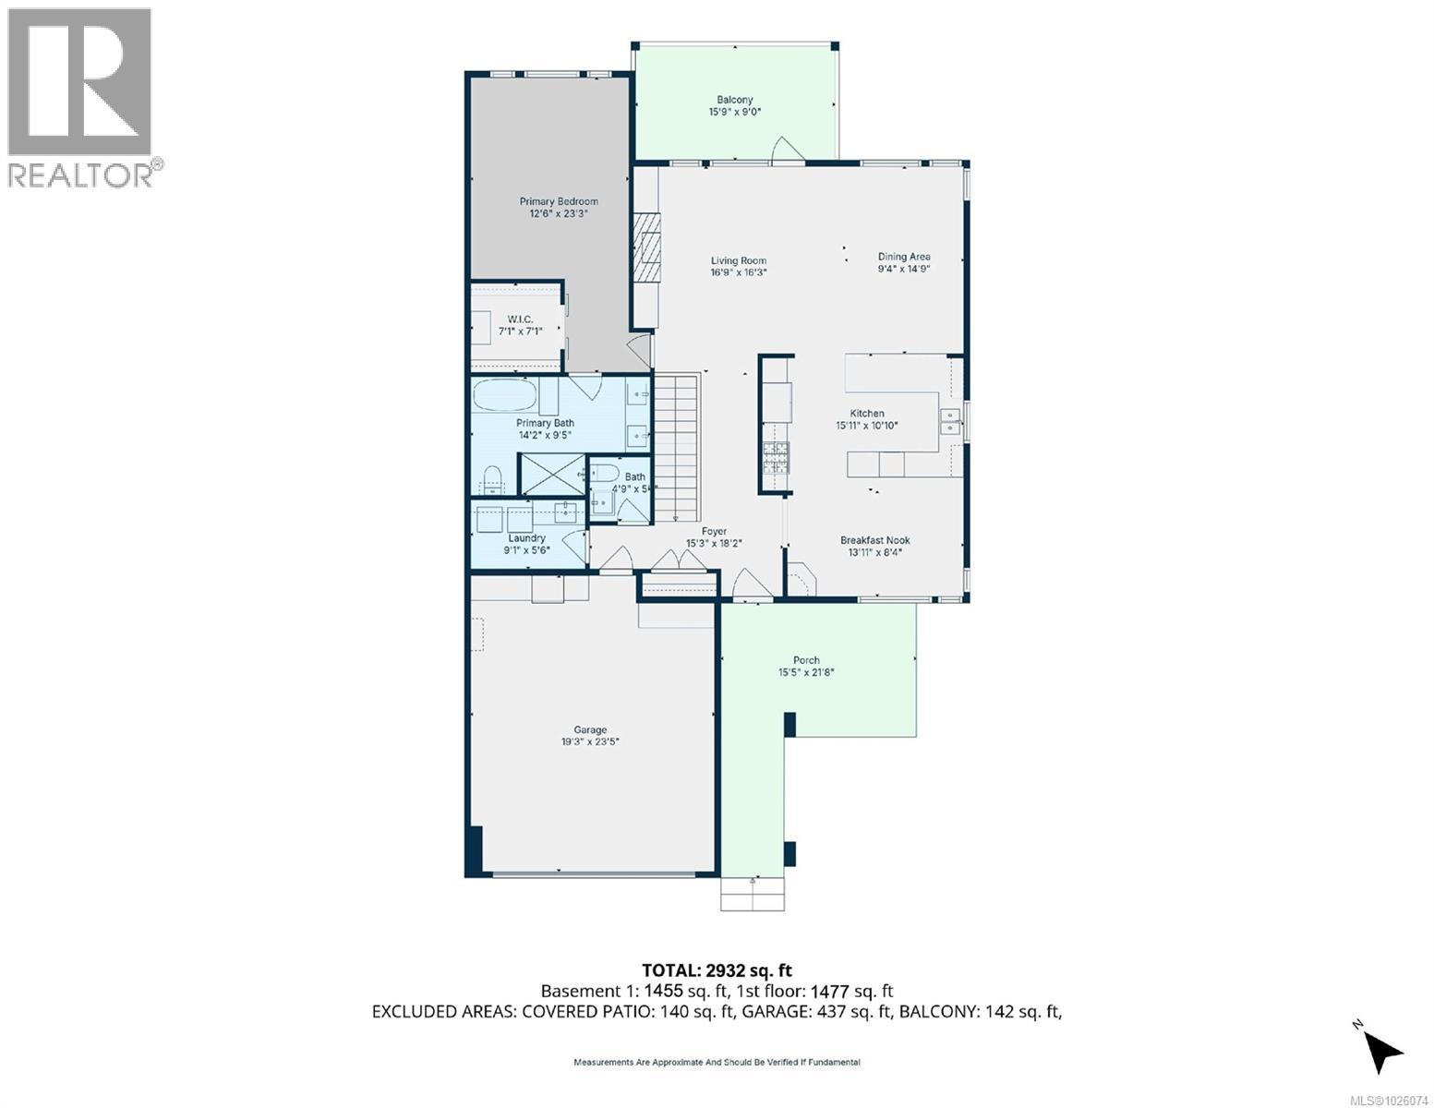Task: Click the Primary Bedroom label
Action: pyautogui.click(x=558, y=201)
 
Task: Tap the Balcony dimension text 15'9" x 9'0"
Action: pyautogui.click(x=734, y=113)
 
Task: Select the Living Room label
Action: pyautogui.click(x=738, y=260)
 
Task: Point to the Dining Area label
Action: pyautogui.click(x=903, y=257)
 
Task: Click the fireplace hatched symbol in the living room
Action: pyautogui.click(x=647, y=247)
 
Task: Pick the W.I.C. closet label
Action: pyautogui.click(x=521, y=319)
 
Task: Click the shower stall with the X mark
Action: pyautogui.click(x=552, y=475)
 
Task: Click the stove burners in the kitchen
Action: pyautogui.click(x=777, y=458)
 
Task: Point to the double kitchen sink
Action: pyautogui.click(x=948, y=423)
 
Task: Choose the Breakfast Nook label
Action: pyautogui.click(x=874, y=540)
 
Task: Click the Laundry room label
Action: pyautogui.click(x=526, y=537)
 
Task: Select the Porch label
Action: pyautogui.click(x=806, y=660)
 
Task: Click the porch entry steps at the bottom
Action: pyautogui.click(x=753, y=894)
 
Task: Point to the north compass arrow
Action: pyautogui.click(x=1381, y=1049)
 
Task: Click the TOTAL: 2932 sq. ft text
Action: pyautogui.click(x=717, y=969)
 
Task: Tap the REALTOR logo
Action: pyautogui.click(x=81, y=96)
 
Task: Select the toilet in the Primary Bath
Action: pyautogui.click(x=491, y=478)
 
